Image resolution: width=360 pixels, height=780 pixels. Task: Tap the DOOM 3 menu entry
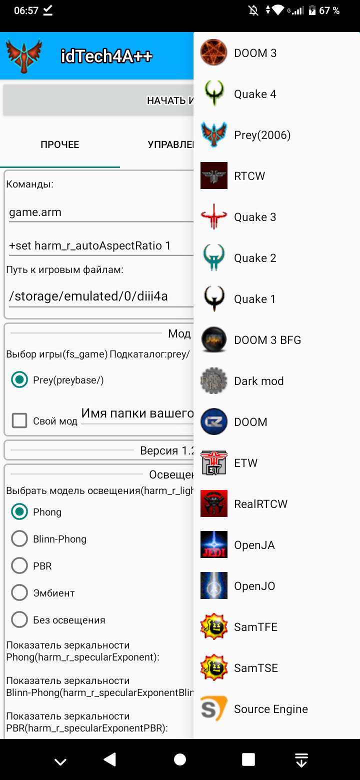tap(255, 53)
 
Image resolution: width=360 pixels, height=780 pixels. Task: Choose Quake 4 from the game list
tap(255, 94)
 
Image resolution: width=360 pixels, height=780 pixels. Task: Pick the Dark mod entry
tap(258, 381)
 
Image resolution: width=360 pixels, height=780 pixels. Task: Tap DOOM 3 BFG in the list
tap(267, 340)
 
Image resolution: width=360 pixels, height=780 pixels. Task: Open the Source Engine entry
tap(270, 709)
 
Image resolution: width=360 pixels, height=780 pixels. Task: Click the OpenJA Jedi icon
tap(214, 545)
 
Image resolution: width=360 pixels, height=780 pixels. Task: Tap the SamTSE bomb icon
tap(214, 668)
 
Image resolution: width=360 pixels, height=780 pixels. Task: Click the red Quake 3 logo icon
tap(214, 217)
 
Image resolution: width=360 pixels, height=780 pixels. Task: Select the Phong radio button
tap(19, 512)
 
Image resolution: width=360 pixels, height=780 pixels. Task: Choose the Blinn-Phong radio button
tap(19, 539)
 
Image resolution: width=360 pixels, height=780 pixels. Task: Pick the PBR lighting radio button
tap(19, 566)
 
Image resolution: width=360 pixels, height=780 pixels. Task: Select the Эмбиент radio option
tap(19, 593)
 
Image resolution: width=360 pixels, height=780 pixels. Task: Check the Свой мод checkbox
tap(19, 421)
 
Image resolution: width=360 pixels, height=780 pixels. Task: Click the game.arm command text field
tap(100, 212)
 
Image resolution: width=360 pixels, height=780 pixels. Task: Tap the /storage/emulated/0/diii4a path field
tap(100, 296)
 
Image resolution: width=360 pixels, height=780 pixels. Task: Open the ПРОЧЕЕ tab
tap(60, 145)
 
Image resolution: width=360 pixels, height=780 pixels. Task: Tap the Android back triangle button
tap(109, 760)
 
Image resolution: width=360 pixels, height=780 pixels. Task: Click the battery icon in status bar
tap(312, 10)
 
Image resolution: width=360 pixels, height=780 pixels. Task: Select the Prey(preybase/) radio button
tap(19, 380)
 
